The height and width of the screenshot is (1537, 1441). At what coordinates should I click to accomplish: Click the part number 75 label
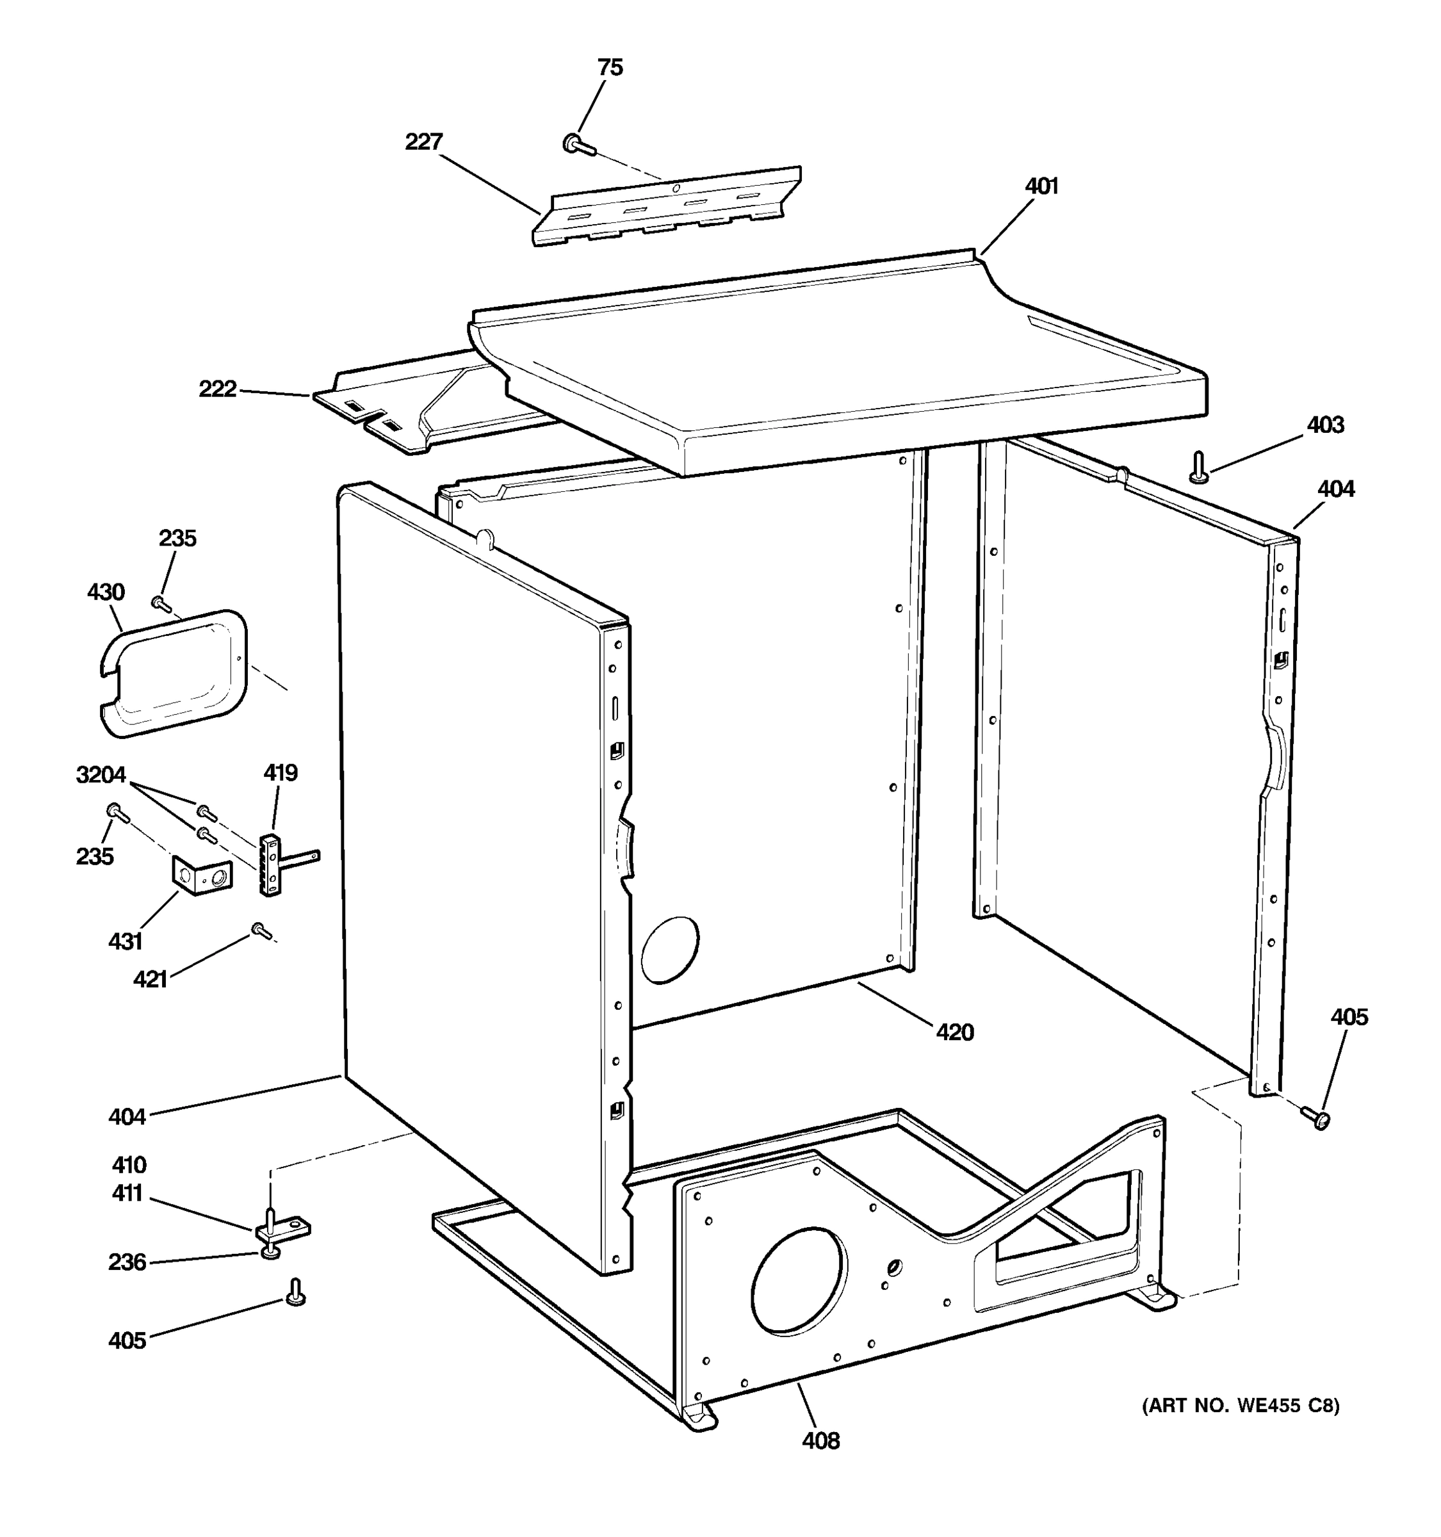(610, 68)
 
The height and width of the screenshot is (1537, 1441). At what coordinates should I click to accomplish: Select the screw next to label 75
(576, 145)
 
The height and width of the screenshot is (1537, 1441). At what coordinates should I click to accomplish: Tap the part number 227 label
(423, 142)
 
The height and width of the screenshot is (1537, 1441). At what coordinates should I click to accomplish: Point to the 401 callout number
(1041, 186)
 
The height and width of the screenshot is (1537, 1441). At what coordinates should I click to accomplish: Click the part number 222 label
(217, 389)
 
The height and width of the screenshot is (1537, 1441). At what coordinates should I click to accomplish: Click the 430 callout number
(105, 592)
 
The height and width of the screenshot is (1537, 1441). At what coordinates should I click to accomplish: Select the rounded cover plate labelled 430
(174, 672)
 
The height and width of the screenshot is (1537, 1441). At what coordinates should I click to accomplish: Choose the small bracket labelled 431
(201, 874)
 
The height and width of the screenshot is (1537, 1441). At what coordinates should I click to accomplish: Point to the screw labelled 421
(261, 932)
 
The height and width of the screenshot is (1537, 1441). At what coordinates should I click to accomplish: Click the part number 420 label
(955, 1032)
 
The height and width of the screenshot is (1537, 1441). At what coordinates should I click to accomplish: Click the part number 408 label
(820, 1440)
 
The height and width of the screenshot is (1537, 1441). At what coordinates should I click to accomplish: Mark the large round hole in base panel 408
(798, 1280)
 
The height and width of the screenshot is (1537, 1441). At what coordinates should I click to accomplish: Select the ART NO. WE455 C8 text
(1240, 1405)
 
